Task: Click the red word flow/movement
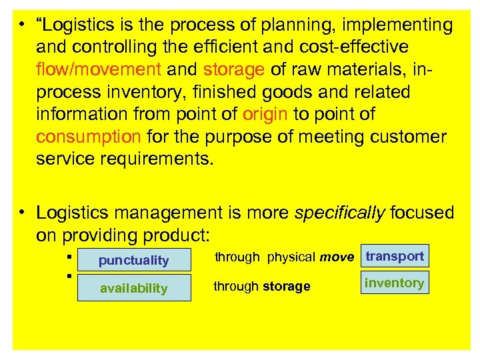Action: (x=99, y=69)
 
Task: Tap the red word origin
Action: (x=265, y=114)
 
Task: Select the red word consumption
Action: (x=88, y=137)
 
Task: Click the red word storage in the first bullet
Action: (x=234, y=69)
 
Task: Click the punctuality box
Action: (x=134, y=260)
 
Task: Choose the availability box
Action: (x=134, y=288)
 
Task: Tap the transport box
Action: (x=395, y=256)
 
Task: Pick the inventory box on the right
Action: (x=394, y=283)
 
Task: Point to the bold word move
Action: (x=337, y=257)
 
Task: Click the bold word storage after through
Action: (x=287, y=286)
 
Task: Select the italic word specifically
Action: (x=339, y=213)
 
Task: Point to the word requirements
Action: (x=160, y=159)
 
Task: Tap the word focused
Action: (x=422, y=213)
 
